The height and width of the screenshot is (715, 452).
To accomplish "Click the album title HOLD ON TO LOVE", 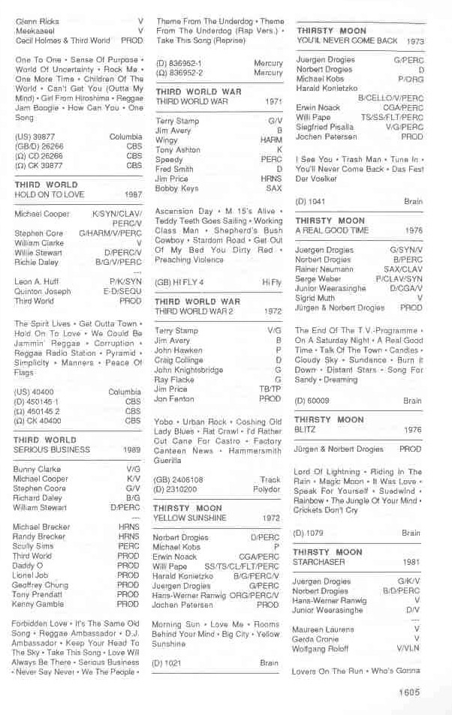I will click(50, 194).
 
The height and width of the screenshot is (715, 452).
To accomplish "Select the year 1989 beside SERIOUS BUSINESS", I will click(132, 450).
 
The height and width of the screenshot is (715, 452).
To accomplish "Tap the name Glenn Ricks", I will click(38, 22).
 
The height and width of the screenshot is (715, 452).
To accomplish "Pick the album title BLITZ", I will click(304, 431).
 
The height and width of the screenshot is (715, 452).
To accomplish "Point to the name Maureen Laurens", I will click(324, 630).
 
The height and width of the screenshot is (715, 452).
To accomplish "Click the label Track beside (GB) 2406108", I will click(270, 479).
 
